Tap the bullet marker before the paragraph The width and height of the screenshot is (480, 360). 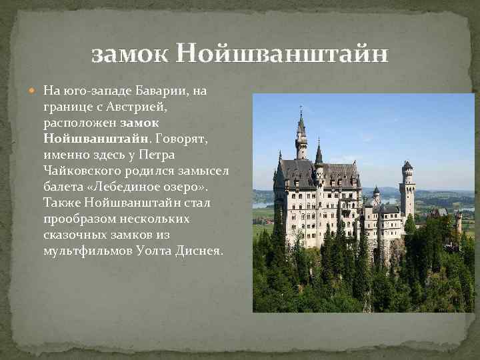tap(36, 90)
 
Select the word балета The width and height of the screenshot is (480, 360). tap(61, 187)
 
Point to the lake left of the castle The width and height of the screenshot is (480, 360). tap(263, 204)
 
